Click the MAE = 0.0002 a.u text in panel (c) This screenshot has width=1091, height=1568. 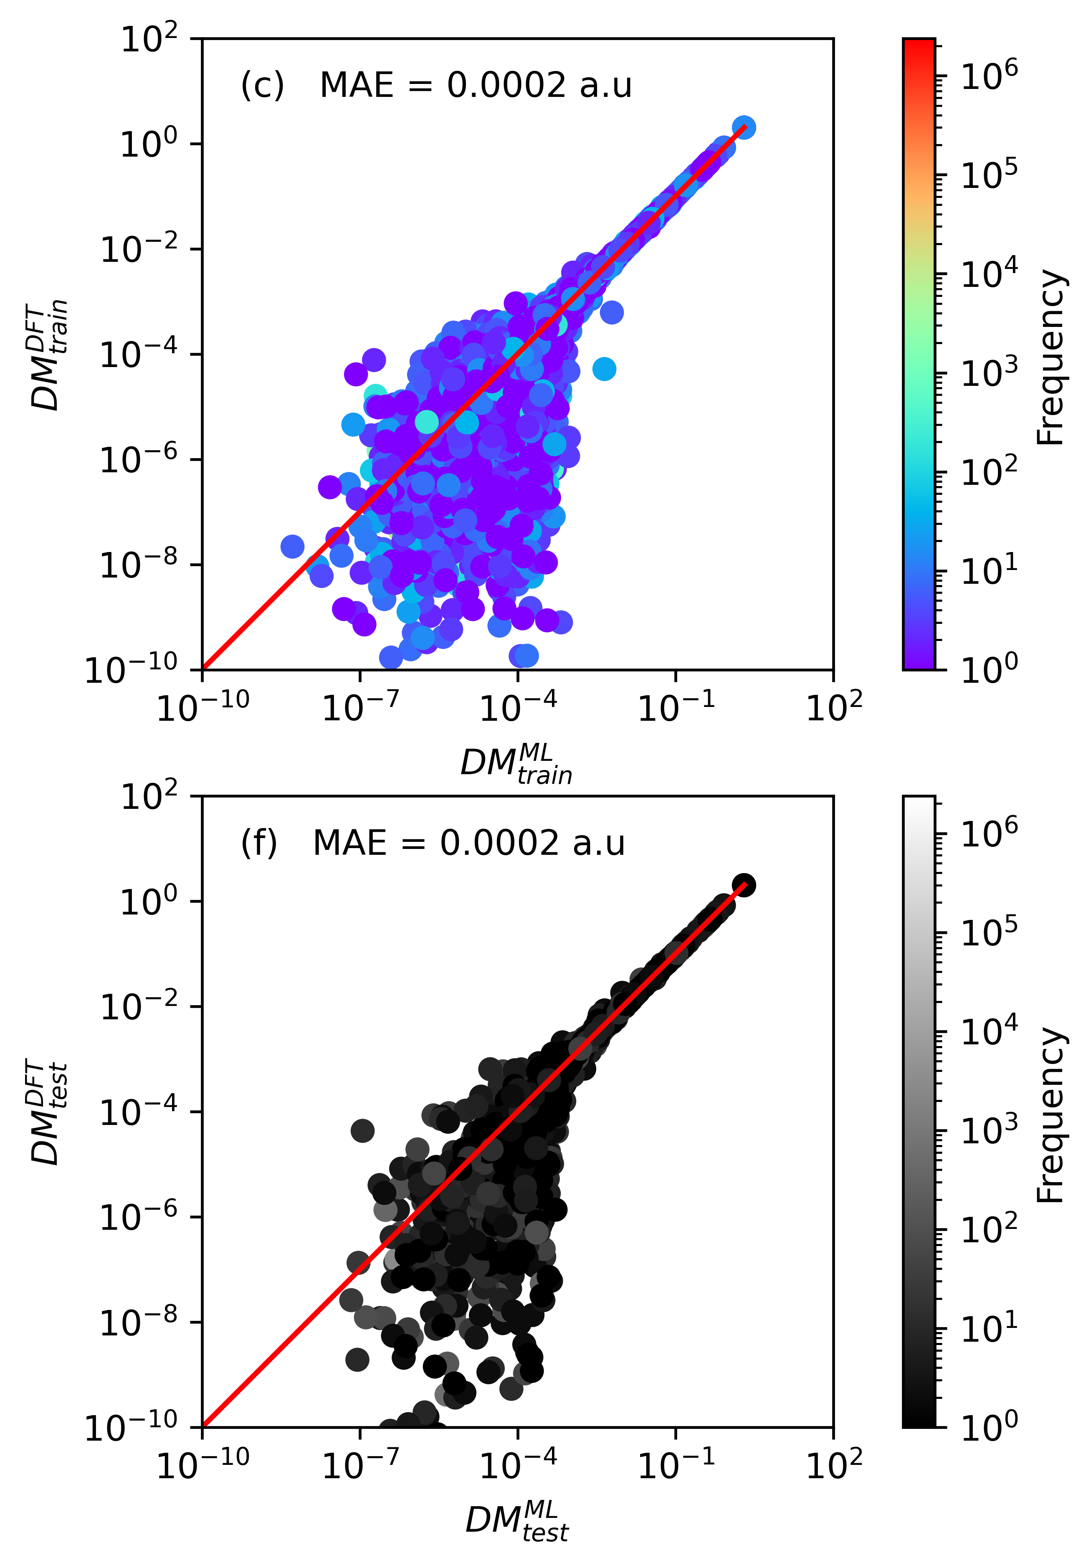[x=476, y=86]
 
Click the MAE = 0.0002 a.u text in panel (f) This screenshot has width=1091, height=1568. [x=469, y=844]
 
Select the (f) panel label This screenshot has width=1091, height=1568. [x=259, y=844]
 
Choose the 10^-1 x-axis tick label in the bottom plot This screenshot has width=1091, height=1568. [x=676, y=1464]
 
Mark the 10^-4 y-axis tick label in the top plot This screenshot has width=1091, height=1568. [x=139, y=354]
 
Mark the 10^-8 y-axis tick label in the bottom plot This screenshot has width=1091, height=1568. [x=139, y=1322]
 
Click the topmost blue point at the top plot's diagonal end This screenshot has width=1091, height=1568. [x=744, y=128]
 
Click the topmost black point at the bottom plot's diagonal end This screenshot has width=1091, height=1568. [x=744, y=885]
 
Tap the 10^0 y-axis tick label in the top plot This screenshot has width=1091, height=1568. [x=149, y=143]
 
